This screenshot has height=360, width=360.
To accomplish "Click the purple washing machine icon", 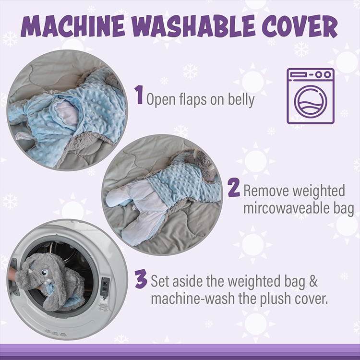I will [x=311, y=96].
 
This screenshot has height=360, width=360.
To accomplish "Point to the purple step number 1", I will [x=139, y=95].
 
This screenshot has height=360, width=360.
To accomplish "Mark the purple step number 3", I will [x=141, y=279].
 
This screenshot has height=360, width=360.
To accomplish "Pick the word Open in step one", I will [x=159, y=100].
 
